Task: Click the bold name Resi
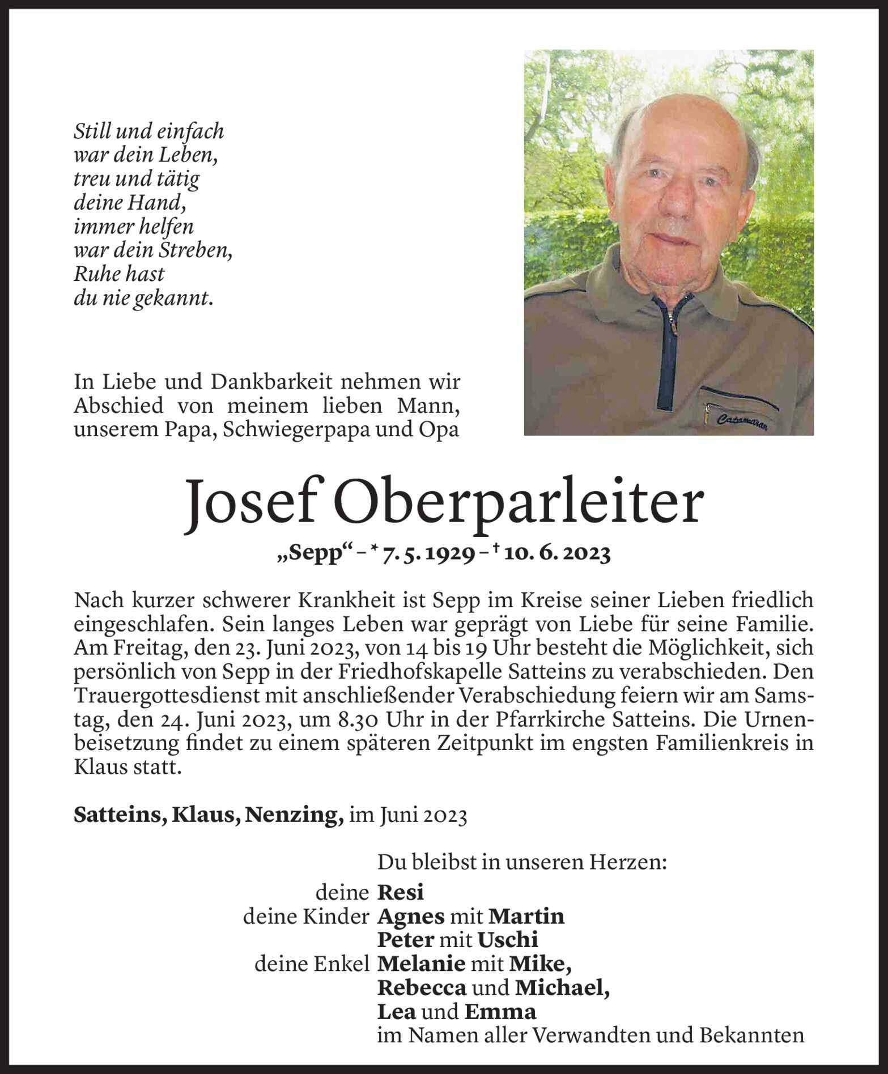(401, 893)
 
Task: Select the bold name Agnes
(412, 916)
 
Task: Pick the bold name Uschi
(507, 940)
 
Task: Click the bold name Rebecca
(422, 988)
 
